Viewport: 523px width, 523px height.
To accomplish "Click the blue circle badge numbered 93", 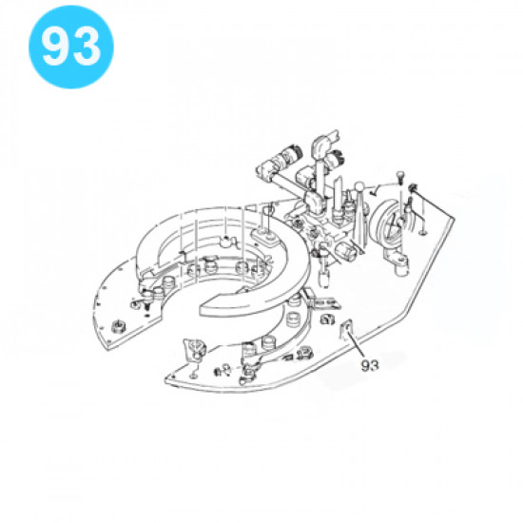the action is [71, 47].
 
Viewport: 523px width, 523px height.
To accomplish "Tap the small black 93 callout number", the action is [370, 365].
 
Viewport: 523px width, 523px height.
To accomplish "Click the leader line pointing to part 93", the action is [356, 343].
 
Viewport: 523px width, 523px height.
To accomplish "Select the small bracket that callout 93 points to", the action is [346, 329].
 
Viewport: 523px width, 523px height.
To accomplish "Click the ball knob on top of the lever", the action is [359, 186].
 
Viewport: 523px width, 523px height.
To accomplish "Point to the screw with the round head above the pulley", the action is [399, 176].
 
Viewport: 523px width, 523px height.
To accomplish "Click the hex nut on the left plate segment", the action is [117, 325].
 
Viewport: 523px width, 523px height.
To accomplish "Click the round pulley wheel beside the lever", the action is [387, 224].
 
